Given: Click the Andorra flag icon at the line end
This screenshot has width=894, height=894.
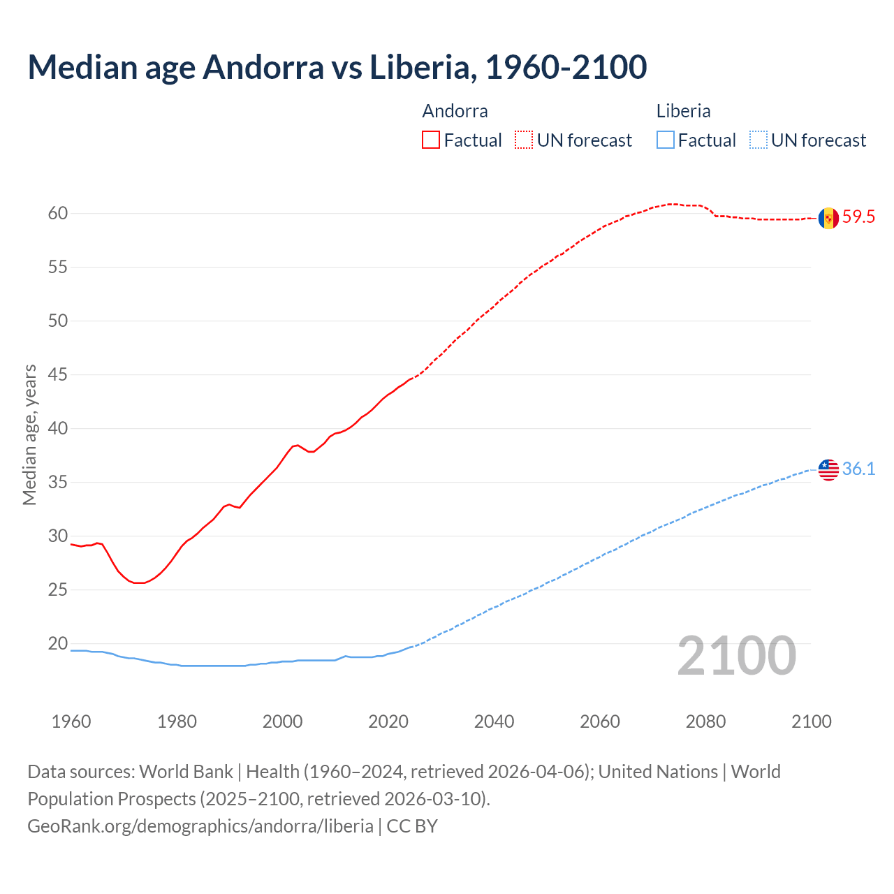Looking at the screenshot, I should pyautogui.click(x=828, y=218).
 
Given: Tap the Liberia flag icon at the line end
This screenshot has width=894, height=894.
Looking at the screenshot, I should pyautogui.click(x=828, y=469).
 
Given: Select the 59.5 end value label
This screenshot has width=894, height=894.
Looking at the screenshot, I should pyautogui.click(x=858, y=217).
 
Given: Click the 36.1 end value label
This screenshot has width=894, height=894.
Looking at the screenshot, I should pyautogui.click(x=858, y=469).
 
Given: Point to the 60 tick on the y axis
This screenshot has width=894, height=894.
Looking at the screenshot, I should pyautogui.click(x=58, y=214).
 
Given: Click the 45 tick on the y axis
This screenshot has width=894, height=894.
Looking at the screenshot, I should pyautogui.click(x=58, y=375).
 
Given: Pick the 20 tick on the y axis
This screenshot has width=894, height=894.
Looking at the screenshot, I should pyautogui.click(x=58, y=644).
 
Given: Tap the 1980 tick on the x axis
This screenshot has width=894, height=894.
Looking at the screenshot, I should pyautogui.click(x=177, y=721).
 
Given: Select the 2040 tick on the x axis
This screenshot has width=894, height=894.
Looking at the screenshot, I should pyautogui.click(x=494, y=721).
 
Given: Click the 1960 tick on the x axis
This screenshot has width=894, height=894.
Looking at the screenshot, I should pyautogui.click(x=71, y=721).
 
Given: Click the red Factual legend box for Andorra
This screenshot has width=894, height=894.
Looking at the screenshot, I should pyautogui.click(x=431, y=140).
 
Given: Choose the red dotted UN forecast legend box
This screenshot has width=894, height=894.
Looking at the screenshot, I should pyautogui.click(x=524, y=140).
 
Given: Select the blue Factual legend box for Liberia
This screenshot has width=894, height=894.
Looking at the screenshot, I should pyautogui.click(x=666, y=140).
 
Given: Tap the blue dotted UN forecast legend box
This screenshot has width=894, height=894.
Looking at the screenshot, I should pyautogui.click(x=758, y=140).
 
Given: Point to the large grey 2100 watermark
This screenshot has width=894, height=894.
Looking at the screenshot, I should pyautogui.click(x=737, y=656).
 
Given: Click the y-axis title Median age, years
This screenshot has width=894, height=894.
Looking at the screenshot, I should pyautogui.click(x=29, y=434).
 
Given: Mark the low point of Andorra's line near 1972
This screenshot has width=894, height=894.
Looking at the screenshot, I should pyautogui.click(x=139, y=582).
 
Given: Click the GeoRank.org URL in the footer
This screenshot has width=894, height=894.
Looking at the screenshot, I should pyautogui.click(x=200, y=826).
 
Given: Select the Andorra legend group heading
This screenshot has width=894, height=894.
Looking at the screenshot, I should pyautogui.click(x=455, y=111).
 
